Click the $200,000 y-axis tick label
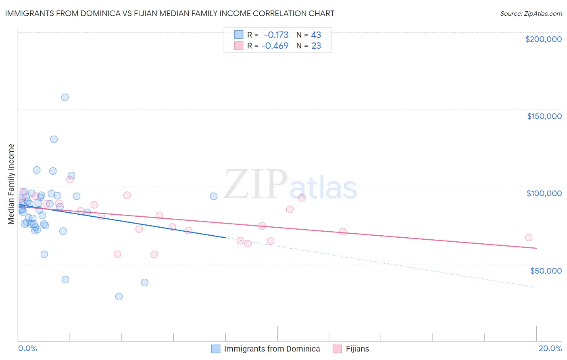pyautogui.click(x=543, y=39)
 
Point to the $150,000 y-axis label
pyautogui.click(x=544, y=116)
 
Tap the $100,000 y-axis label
pyautogui.click(x=544, y=193)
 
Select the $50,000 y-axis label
pyautogui.click(x=546, y=270)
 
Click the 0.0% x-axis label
pyautogui.click(x=27, y=348)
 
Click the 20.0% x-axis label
pyautogui.click(x=550, y=348)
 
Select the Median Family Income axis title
pyautogui.click(x=11, y=184)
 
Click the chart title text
pyautogui.click(x=169, y=13)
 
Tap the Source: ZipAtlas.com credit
pyautogui.click(x=531, y=13)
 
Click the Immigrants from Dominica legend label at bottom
pyautogui.click(x=272, y=349)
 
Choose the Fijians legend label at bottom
pyautogui.click(x=357, y=349)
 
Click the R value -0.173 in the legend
pyautogui.click(x=276, y=35)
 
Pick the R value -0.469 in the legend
pyautogui.click(x=275, y=46)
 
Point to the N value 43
pyautogui.click(x=316, y=35)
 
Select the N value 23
pyautogui.click(x=316, y=46)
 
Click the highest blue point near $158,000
pyautogui.click(x=65, y=97)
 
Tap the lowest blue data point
pyautogui.click(x=119, y=297)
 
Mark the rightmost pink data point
pyautogui.click(x=529, y=238)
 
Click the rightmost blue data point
pyautogui.click(x=214, y=196)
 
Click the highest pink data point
pyautogui.click(x=70, y=180)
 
